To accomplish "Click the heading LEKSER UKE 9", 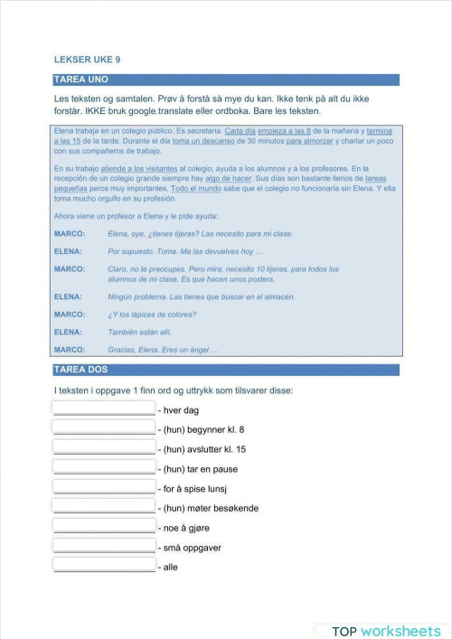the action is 88,60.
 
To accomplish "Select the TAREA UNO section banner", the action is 226,80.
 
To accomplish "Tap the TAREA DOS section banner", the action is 226,370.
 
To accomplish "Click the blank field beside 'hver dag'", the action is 104,409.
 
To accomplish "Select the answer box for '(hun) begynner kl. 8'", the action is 104,428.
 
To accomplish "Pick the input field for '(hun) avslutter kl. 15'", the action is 104,446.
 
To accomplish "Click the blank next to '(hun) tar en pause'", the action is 104,466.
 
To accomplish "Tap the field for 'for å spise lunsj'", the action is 104,486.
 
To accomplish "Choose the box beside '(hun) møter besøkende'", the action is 104,506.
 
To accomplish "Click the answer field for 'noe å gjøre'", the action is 104,525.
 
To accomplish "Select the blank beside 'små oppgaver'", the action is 104,545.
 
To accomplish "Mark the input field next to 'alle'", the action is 104,565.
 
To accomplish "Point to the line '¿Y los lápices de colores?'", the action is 152,314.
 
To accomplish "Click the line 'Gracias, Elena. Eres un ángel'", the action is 163,349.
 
